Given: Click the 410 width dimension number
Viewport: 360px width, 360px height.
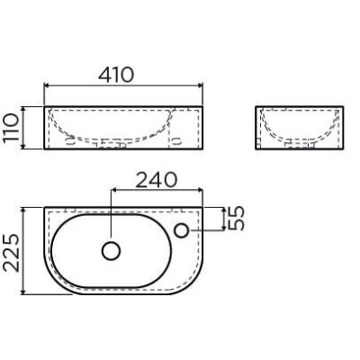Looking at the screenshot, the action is coord(116,75).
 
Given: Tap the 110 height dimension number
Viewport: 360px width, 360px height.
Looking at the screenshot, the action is coord(12,128).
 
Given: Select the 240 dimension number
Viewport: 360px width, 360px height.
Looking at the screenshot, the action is coord(156,180).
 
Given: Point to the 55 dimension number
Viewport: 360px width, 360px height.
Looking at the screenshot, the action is coord(237,219).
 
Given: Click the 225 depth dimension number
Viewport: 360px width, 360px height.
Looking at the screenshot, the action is coord(12,253).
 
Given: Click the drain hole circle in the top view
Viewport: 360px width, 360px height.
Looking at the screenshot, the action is coord(111,250).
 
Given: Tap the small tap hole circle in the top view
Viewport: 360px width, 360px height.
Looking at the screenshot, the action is coord(182,230).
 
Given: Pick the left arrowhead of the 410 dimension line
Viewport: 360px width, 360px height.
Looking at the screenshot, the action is coord(48,86).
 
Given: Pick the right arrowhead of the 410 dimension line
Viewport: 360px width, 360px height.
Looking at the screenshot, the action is coord(200,86).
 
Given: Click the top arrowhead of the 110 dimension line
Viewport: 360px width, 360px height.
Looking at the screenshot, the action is coord(23,110).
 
